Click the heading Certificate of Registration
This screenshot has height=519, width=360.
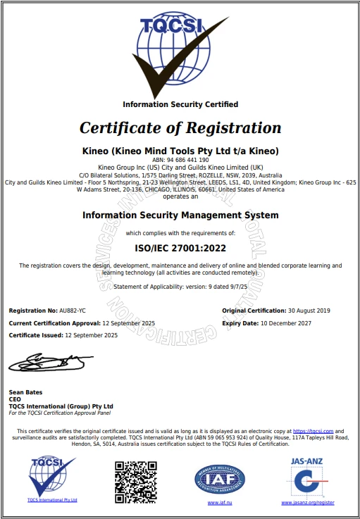(180, 128)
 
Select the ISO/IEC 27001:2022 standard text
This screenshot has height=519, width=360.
(180, 248)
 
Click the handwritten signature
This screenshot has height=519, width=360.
(49, 363)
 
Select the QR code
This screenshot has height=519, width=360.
(135, 482)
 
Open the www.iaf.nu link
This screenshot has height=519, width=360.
(220, 503)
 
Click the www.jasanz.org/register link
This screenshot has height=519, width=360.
(308, 503)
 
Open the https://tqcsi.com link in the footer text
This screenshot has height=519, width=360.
(312, 430)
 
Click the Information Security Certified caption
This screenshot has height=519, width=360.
(180, 104)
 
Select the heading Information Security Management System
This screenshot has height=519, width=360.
(180, 215)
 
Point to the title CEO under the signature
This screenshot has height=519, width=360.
(15, 399)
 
